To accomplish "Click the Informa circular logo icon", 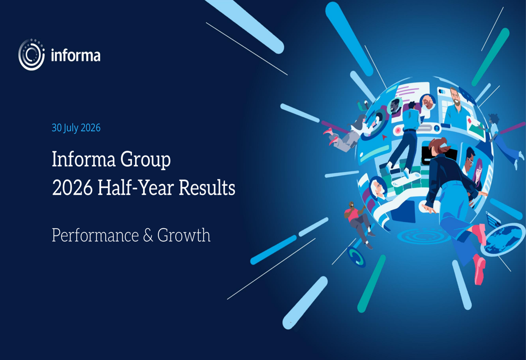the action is coord(32,55).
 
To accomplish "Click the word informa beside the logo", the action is coord(75,55).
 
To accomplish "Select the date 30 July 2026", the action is coord(76,128).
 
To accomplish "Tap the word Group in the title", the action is coord(145,160).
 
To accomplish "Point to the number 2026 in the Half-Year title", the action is coord(72,188).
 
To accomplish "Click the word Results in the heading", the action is coord(207,188).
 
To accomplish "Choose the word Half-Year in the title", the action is coord(136,188).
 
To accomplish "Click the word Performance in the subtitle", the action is coord(95,235).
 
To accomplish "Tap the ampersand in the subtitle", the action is coord(148,235).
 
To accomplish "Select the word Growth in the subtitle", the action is coord(184,235).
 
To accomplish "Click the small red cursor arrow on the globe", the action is coord(384,137).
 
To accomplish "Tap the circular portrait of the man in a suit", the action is coord(396,106).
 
